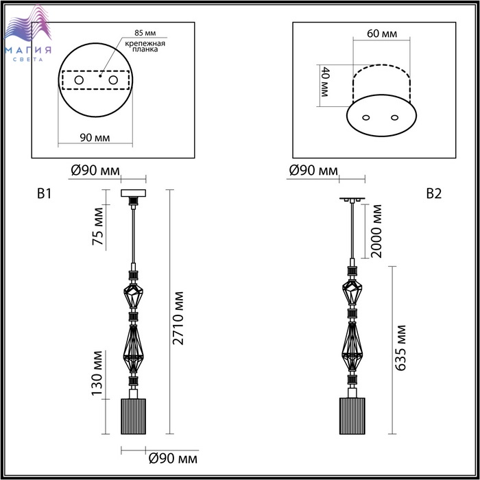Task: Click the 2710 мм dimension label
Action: click(178, 318)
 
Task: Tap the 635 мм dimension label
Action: click(400, 348)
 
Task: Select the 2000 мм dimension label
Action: click(376, 232)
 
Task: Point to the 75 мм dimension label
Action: click(98, 226)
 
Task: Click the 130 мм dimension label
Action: click(98, 373)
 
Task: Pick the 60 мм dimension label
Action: click(382, 34)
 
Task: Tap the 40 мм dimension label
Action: click(324, 82)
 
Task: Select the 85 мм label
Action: click(145, 33)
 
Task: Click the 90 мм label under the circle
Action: click(95, 138)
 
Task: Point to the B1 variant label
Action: click(45, 194)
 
